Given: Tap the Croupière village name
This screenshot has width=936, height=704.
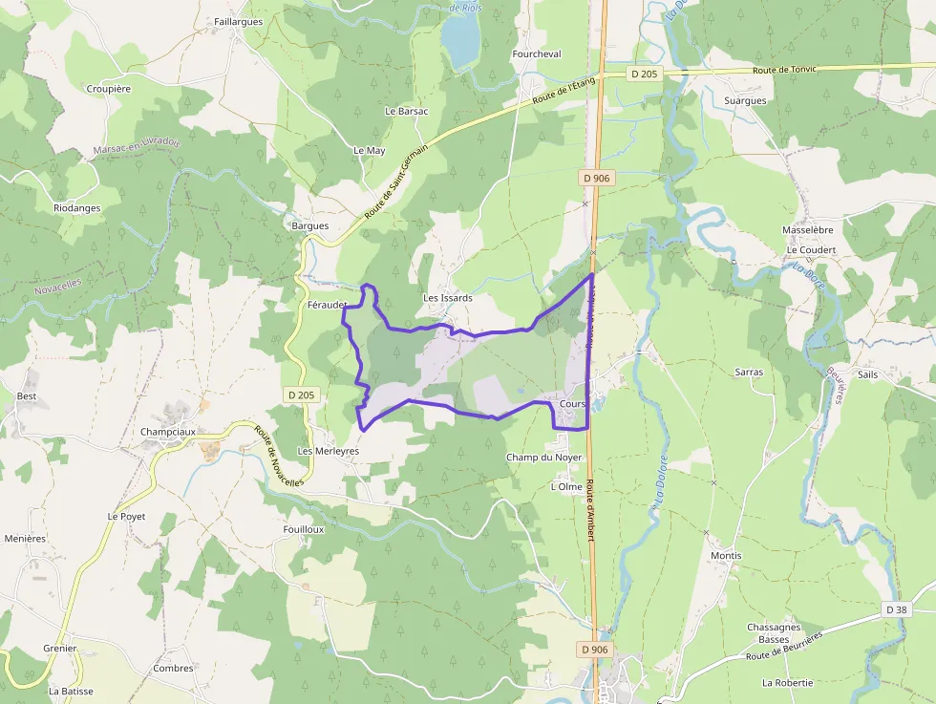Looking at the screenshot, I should [108, 88].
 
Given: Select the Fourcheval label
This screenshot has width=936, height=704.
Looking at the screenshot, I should [536, 54].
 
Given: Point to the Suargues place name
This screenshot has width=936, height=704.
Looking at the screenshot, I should [745, 100].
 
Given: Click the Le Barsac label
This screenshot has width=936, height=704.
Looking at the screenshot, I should [407, 111].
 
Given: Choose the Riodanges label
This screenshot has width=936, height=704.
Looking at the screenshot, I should [76, 208].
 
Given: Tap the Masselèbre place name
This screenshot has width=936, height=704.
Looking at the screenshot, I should [808, 230].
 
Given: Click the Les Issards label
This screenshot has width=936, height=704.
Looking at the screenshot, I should [448, 298].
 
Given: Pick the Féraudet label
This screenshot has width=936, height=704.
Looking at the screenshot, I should [327, 305].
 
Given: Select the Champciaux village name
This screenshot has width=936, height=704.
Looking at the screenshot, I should [167, 431].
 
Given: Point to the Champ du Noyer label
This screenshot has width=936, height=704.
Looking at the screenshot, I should [543, 458].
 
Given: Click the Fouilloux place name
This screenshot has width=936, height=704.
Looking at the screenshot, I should [304, 528].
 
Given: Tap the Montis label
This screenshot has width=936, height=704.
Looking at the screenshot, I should [726, 555].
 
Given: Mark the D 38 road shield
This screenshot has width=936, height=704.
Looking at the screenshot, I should [895, 609].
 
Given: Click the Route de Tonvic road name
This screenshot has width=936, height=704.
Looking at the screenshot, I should [784, 70].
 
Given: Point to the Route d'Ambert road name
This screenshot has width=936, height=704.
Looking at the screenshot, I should [591, 509].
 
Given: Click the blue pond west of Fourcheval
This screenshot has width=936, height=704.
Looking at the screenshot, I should [460, 41].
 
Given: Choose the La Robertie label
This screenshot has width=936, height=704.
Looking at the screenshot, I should [787, 683].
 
